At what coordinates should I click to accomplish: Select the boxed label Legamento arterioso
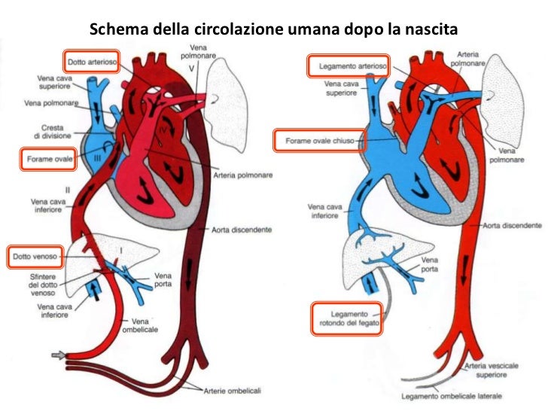tap(349, 66)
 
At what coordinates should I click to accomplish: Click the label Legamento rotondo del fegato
tap(347, 318)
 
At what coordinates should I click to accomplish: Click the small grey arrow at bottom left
tap(57, 355)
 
